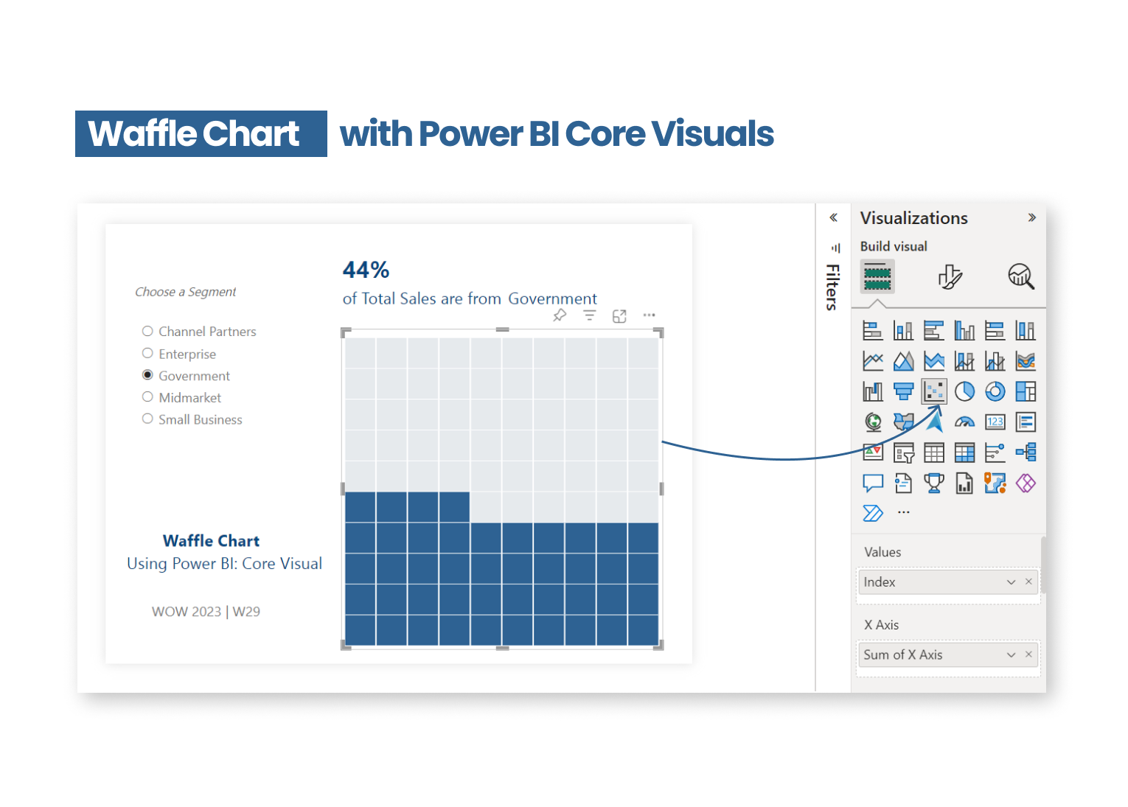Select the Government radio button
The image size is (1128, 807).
click(147, 375)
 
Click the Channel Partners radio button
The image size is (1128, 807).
click(147, 331)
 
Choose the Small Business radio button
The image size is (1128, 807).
click(147, 419)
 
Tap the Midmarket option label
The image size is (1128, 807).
click(190, 398)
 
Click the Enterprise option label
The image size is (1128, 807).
click(187, 354)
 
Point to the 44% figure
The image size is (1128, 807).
click(366, 270)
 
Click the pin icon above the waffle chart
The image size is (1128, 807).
click(560, 315)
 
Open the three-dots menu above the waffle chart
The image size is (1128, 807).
click(649, 315)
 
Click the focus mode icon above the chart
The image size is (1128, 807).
click(619, 316)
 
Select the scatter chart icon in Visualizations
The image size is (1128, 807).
click(934, 391)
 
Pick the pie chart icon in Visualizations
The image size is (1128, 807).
click(964, 391)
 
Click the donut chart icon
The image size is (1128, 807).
click(995, 391)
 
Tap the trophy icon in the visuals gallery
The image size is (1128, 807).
click(933, 483)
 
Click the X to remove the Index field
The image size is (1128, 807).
click(1028, 581)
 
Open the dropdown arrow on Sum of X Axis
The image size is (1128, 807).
click(1012, 655)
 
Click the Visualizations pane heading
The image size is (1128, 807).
click(914, 218)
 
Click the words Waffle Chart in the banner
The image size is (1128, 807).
click(194, 133)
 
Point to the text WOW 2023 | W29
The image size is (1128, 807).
click(206, 612)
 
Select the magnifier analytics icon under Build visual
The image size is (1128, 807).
click(1021, 276)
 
